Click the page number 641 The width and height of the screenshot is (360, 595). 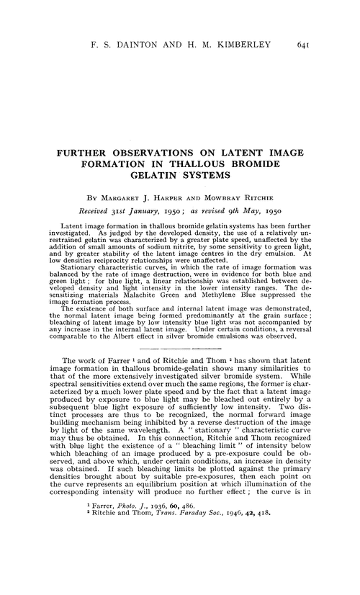[x=302, y=45]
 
